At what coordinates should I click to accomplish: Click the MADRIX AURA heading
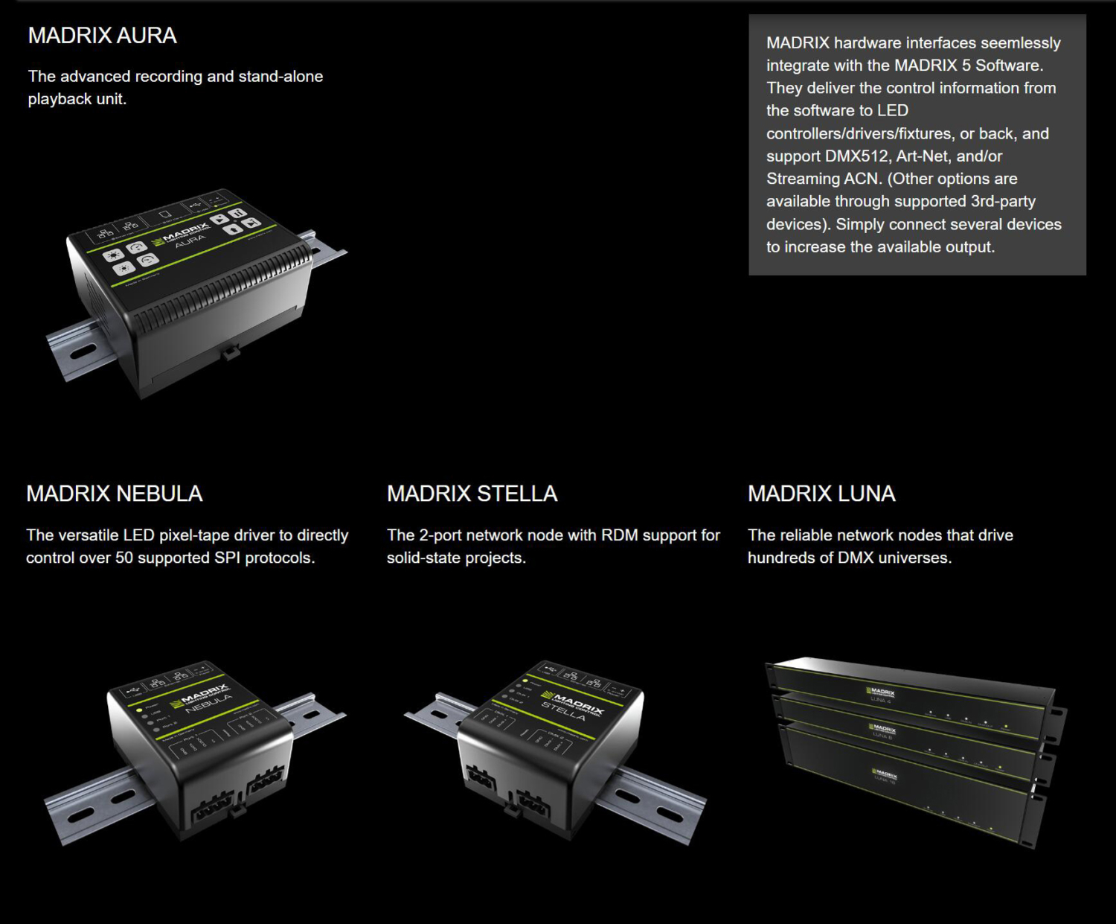102,36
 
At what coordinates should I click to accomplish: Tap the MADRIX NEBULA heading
114,494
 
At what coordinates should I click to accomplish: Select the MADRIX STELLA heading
472,494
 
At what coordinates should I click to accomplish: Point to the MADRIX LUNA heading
821,494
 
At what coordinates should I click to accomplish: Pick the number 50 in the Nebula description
124,558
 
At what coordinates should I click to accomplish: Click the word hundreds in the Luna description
780,558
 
